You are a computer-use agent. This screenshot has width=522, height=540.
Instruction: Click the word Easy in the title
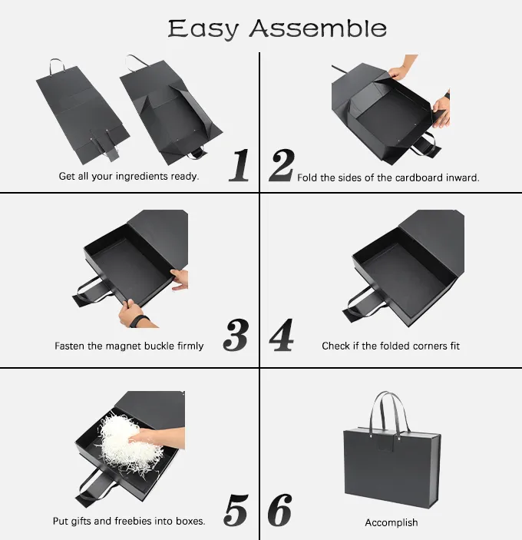pos(203,29)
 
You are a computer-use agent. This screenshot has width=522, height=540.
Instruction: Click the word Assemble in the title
pos(318,28)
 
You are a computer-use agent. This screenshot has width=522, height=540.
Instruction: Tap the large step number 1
pos(240,165)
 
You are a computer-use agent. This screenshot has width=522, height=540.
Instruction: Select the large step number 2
pos(282,165)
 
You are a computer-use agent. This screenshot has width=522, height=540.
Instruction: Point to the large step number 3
pos(236,335)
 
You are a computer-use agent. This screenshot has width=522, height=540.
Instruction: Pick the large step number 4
pos(282,335)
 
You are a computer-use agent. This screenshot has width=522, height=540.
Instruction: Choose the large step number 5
pos(236,510)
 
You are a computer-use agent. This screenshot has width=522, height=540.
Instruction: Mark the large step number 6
pos(279,510)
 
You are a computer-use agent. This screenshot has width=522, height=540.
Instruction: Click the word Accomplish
pos(391,523)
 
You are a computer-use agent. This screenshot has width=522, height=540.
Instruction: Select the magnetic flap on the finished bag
pos(385,443)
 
